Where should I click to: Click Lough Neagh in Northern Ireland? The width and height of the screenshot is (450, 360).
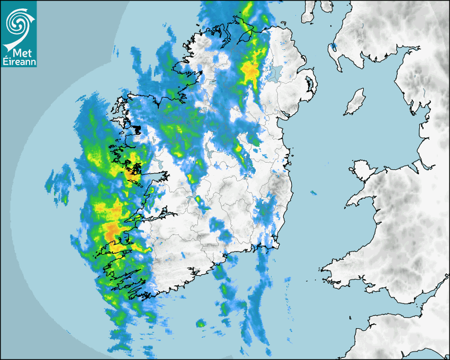273,73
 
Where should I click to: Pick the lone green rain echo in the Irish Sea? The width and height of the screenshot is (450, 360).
313,193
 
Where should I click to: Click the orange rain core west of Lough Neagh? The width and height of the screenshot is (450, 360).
250,70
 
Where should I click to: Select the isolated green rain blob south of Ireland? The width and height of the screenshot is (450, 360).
201,323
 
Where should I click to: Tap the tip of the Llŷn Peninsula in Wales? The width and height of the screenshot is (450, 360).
349,203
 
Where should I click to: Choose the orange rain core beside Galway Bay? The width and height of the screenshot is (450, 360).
130,173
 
